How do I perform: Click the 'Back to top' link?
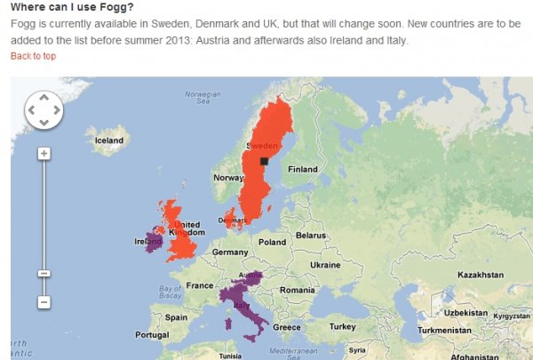point(33,56)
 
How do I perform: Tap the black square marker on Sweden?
point(264,161)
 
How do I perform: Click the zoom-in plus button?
point(44,154)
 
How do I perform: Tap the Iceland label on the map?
point(109,140)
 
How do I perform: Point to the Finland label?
point(303,169)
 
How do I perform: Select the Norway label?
point(228,178)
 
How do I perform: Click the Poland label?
point(272,242)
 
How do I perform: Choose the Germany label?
point(230,252)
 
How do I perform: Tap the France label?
point(200,285)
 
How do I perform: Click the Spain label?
point(176,317)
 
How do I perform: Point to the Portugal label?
point(152,334)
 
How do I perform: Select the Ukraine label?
point(325,265)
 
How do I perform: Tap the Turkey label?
point(342,326)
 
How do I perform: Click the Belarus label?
point(311,236)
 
